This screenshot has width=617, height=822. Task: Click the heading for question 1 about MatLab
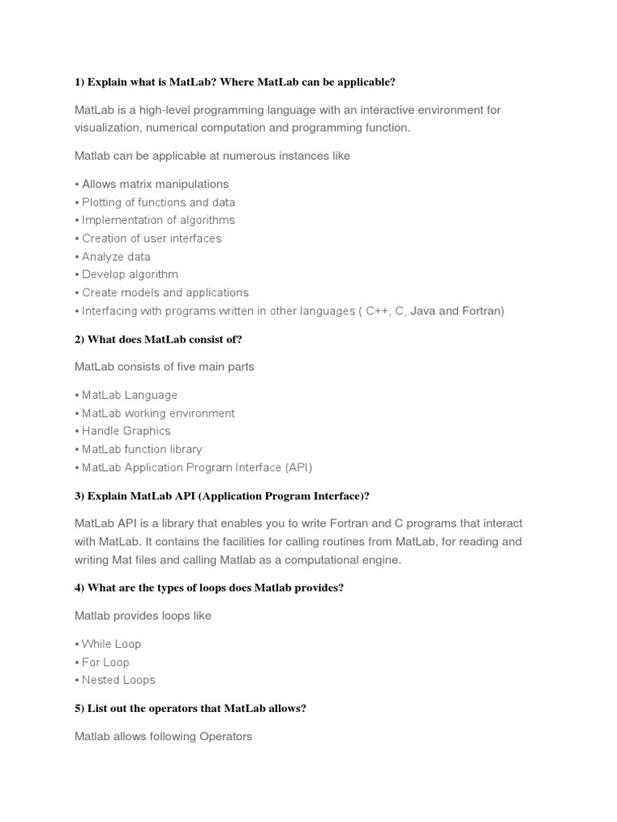235,82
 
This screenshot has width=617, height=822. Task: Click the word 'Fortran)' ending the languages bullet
483,311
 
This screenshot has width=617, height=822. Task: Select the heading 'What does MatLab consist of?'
158,339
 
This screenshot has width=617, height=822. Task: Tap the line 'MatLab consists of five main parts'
164,367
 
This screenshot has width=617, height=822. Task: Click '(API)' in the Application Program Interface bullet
299,467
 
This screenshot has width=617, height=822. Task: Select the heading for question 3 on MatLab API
222,495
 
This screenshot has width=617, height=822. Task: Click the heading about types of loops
209,588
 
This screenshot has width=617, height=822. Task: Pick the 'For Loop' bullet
105,662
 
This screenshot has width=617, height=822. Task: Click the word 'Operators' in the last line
226,736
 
